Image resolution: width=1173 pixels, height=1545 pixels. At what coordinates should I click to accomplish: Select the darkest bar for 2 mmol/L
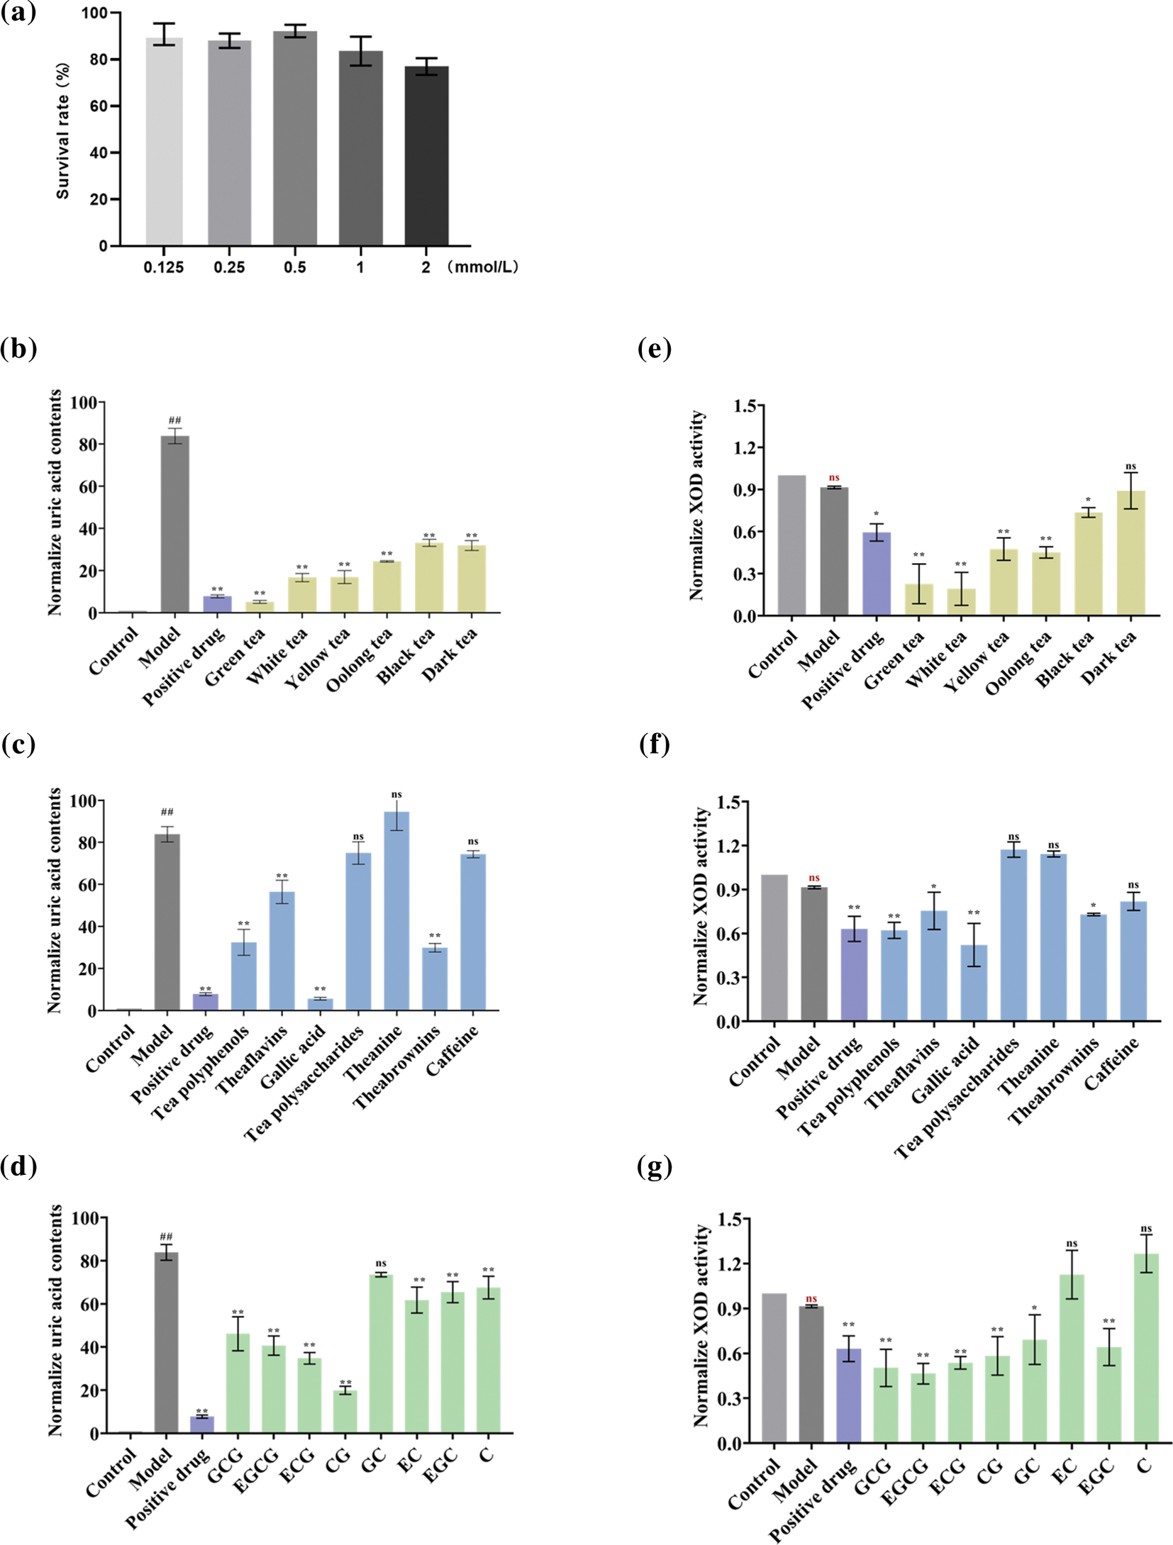coord(426,156)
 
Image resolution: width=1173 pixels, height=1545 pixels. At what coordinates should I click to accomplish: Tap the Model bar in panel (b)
coord(175,524)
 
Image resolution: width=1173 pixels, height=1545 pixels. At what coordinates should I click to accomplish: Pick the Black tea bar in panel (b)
coord(429,577)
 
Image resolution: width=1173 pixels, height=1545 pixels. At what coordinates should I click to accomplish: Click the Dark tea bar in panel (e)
coord(1130,553)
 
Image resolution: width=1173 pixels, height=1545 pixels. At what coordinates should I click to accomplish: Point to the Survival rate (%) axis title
coord(63,131)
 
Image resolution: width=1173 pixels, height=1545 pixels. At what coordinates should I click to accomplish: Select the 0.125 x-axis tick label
coord(164,267)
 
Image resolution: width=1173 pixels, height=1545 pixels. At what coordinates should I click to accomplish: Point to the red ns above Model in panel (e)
coord(834,478)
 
